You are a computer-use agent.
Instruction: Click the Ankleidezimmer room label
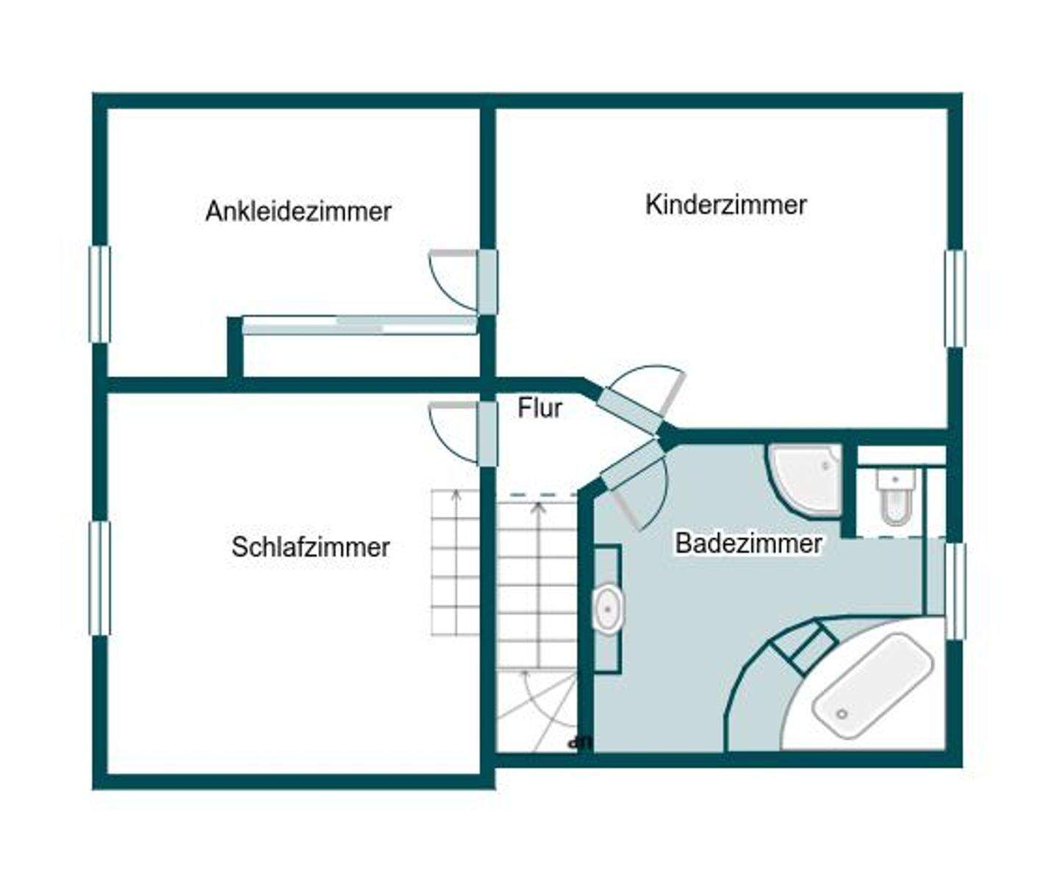[298, 211]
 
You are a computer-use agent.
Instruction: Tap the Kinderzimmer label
[725, 204]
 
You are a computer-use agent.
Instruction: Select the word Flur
[539, 408]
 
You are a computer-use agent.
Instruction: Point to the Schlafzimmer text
[310, 547]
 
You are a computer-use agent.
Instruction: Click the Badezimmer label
[748, 544]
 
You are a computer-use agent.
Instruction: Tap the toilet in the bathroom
[897, 497]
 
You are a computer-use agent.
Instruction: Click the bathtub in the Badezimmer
[872, 684]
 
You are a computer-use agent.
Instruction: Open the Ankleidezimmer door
[487, 282]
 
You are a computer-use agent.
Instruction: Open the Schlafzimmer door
[487, 434]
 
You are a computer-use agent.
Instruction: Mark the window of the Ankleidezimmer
[100, 294]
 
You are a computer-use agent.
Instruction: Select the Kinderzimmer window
[955, 298]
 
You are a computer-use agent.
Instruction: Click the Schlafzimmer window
[100, 578]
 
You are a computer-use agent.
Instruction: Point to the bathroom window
[955, 591]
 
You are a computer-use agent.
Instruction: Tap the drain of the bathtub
[842, 714]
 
